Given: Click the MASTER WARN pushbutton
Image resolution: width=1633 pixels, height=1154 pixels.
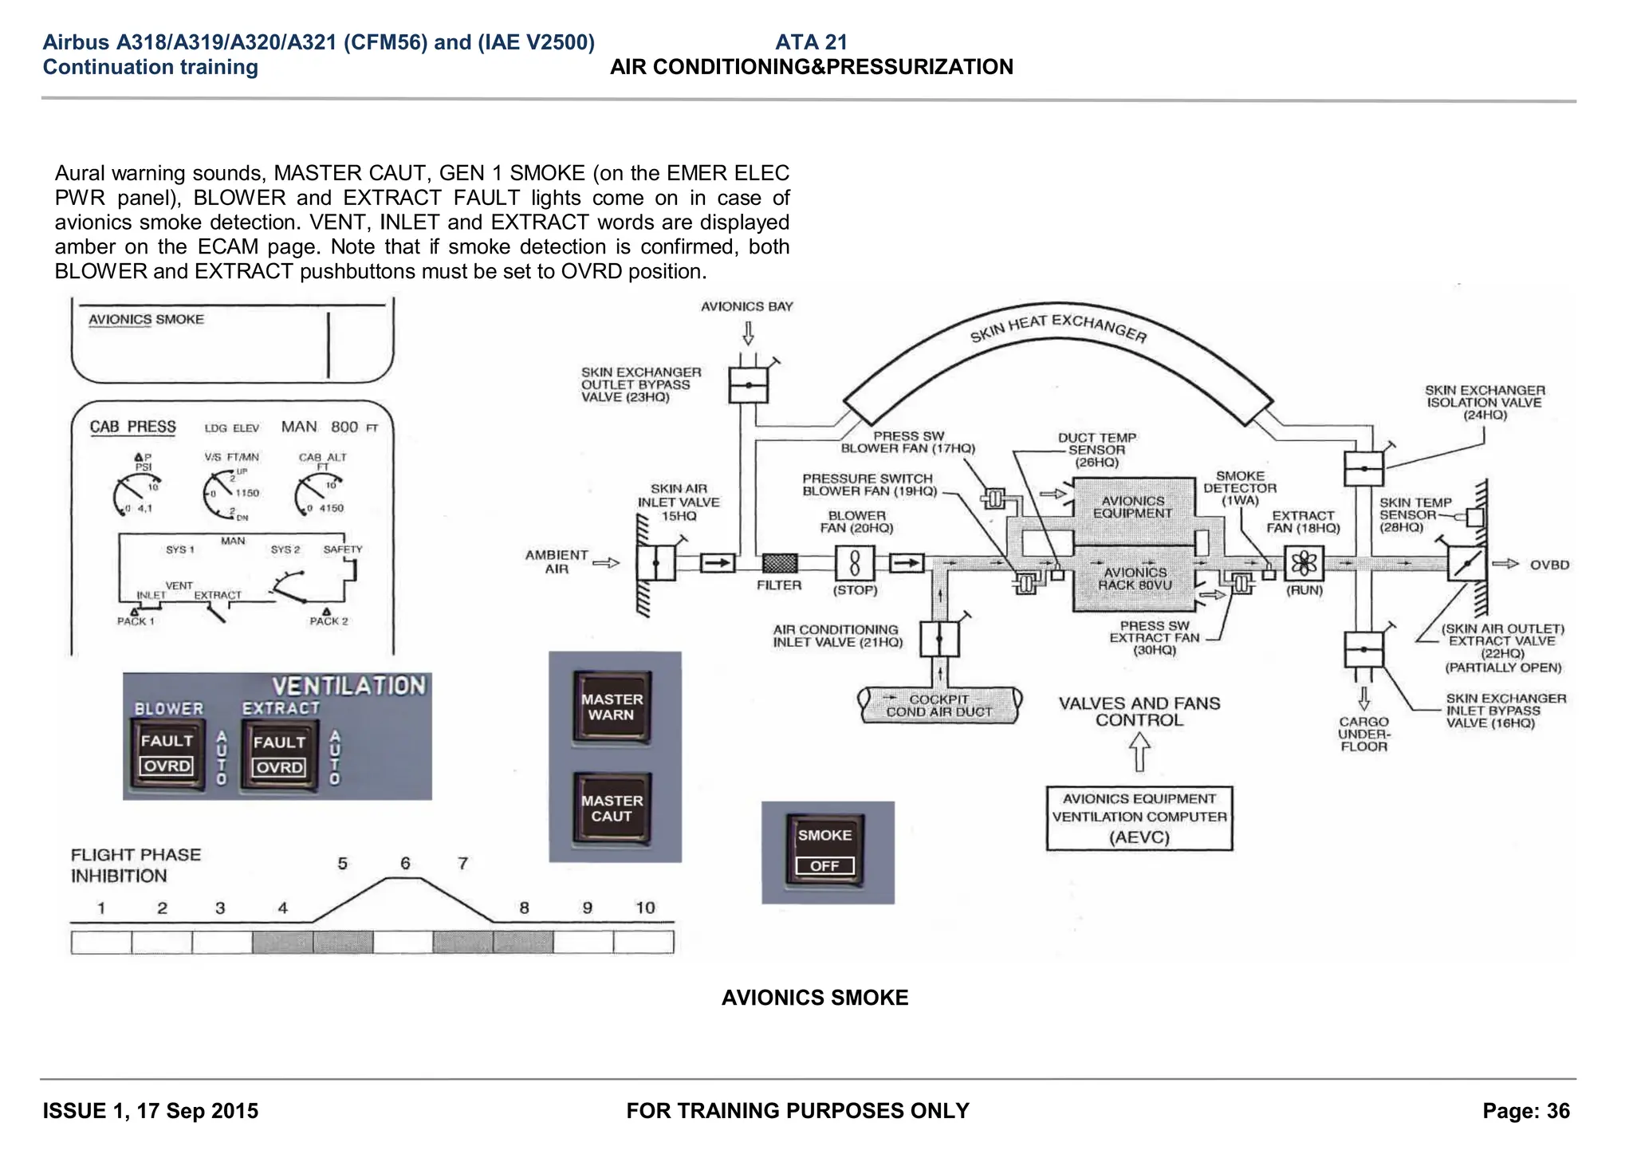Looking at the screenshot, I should point(612,707).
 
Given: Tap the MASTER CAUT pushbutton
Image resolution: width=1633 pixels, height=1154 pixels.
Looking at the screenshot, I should point(612,809).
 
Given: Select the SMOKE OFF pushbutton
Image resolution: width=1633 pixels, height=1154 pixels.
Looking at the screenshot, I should point(825,850).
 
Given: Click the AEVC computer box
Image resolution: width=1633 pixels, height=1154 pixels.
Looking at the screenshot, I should point(1139,818).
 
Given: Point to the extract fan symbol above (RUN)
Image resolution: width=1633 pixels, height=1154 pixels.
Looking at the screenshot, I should point(1304,564).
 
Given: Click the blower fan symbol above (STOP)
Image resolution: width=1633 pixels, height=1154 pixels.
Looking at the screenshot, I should point(854,564).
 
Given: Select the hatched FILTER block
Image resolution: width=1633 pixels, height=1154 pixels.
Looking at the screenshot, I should point(779,564).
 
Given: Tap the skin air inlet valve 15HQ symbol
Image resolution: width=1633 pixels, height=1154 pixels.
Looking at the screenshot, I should point(656,564).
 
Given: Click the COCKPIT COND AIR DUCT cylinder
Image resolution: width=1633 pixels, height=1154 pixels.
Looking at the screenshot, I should point(939,705).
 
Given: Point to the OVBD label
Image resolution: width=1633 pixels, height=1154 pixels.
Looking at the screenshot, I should point(1549,565).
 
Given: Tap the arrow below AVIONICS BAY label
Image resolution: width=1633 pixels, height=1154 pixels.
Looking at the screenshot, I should point(748,333).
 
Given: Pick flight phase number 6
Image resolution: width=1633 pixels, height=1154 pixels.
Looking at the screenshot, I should point(405,864).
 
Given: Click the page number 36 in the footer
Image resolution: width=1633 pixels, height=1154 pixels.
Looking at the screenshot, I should point(1556,1111).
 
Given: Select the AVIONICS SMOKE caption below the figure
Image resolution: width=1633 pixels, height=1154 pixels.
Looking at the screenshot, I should point(814,998).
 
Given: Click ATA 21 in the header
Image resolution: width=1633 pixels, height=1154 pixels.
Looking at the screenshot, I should point(810,42).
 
